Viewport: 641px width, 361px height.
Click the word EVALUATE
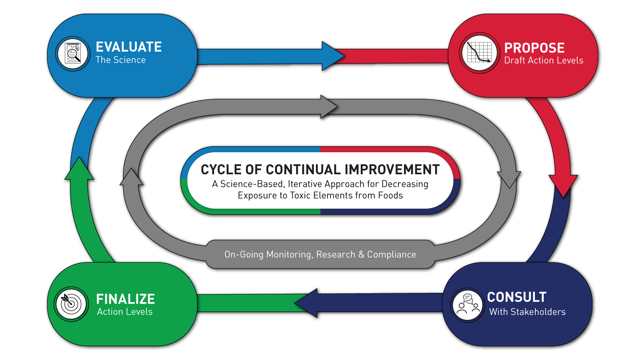[129, 47]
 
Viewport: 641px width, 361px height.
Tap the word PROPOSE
[534, 48]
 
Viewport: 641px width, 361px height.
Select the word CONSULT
[517, 297]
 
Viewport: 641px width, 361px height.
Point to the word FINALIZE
[125, 299]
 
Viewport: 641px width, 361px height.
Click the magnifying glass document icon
[73, 54]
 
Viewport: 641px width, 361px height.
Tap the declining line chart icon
[479, 52]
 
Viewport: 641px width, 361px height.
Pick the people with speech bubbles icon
[468, 305]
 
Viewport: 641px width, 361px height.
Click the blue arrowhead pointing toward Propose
[333, 56]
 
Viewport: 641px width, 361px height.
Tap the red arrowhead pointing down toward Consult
[563, 186]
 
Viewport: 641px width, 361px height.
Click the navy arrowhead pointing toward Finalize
[306, 303]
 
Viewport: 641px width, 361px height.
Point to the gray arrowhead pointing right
[329, 107]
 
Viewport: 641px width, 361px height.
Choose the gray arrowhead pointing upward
[131, 177]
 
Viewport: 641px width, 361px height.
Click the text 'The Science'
[121, 60]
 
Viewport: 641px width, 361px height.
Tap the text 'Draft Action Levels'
[544, 61]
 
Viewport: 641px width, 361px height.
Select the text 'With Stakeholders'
[527, 312]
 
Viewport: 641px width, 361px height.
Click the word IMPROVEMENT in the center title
[392, 169]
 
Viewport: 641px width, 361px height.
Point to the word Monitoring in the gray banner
[289, 254]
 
